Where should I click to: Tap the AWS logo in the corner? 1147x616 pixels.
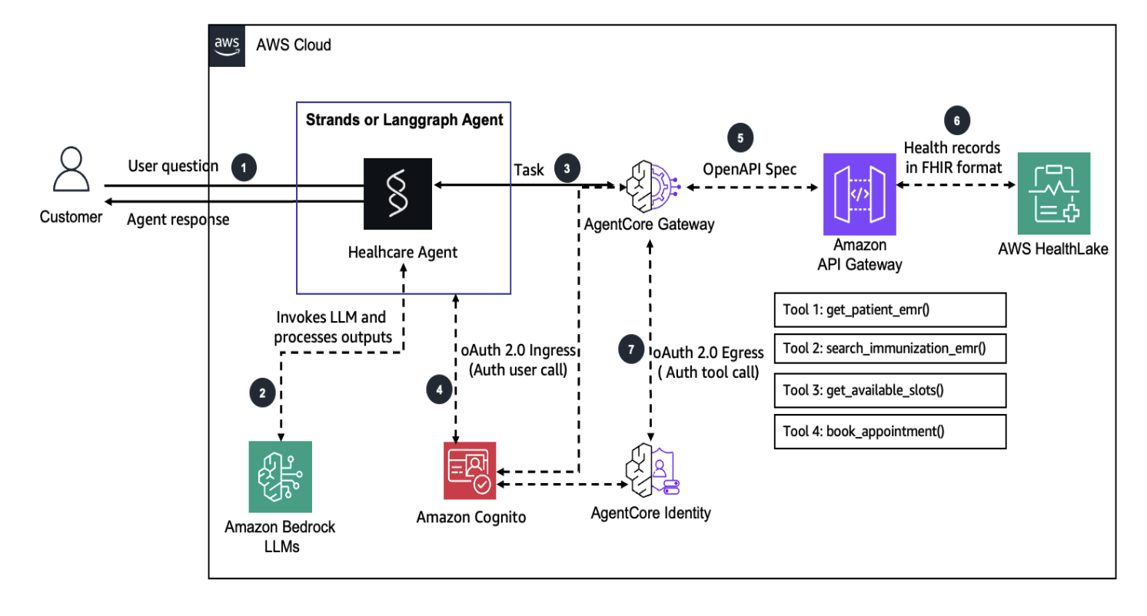click(x=226, y=45)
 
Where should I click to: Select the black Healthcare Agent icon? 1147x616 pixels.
click(x=397, y=194)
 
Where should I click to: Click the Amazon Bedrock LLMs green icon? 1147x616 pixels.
click(x=281, y=476)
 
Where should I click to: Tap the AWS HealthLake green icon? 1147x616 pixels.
click(x=1052, y=194)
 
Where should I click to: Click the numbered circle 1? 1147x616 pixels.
click(x=244, y=166)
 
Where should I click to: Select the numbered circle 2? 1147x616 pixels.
click(x=262, y=392)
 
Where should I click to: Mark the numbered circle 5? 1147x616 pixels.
click(x=740, y=138)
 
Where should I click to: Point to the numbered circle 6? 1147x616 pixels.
click(x=957, y=121)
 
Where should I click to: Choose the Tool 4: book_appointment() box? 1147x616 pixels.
click(x=889, y=431)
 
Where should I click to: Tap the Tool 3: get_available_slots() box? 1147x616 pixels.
click(x=889, y=389)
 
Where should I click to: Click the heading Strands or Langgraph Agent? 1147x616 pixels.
click(x=404, y=120)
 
